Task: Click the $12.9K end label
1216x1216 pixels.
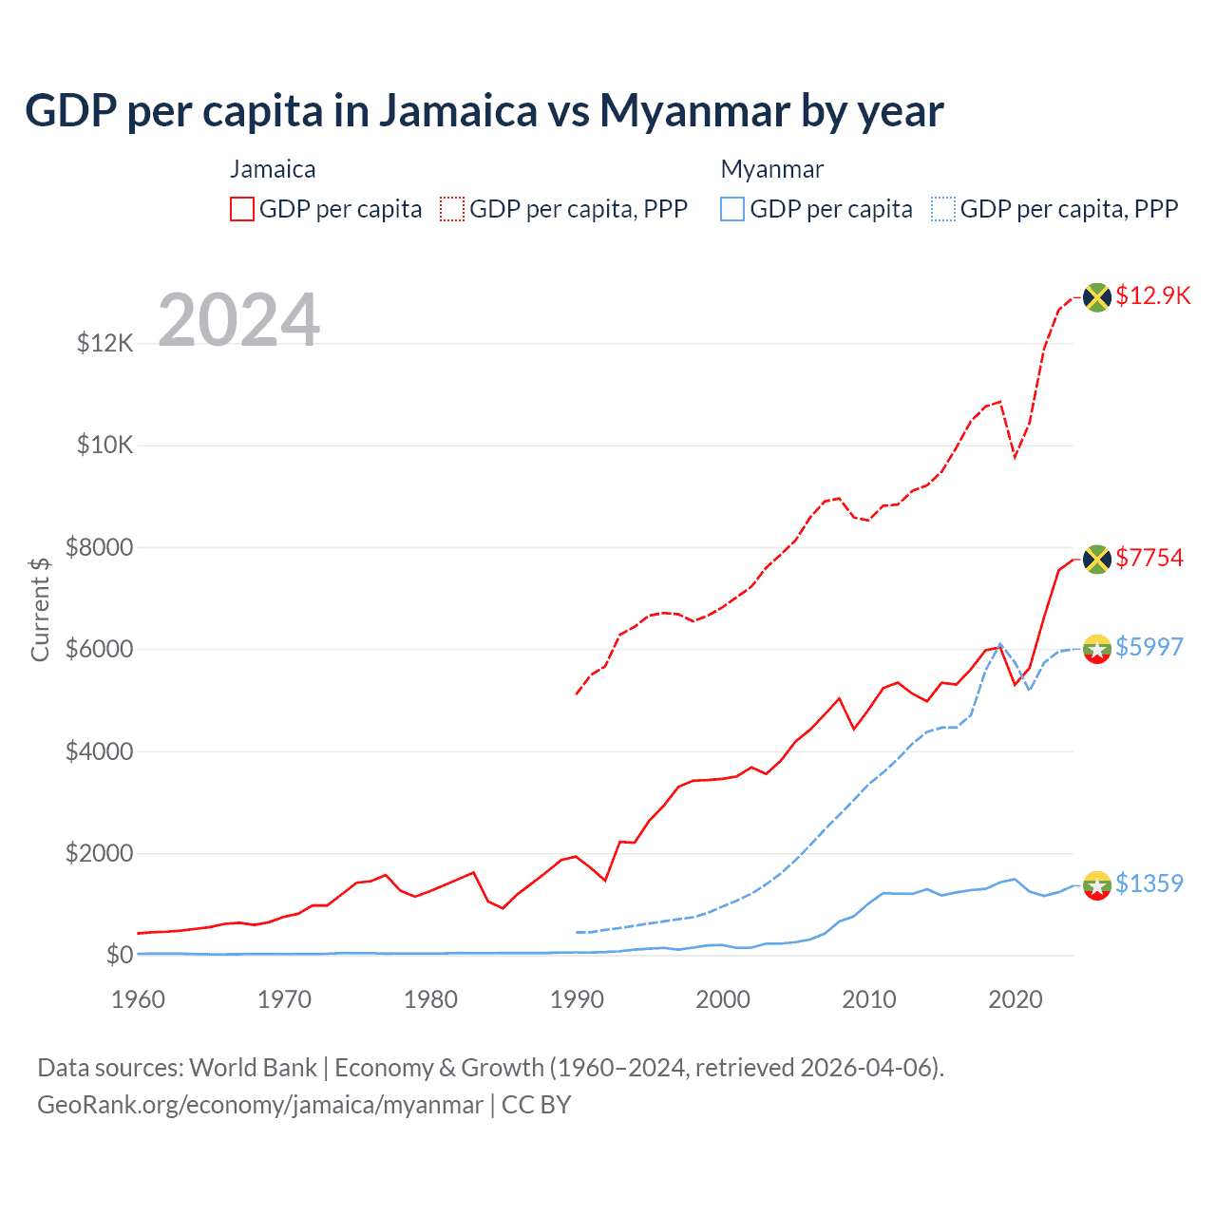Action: [x=1152, y=295]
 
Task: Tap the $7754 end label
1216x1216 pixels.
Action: [x=1149, y=558]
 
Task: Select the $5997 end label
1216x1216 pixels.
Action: [x=1149, y=647]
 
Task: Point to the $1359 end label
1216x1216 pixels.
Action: [x=1149, y=883]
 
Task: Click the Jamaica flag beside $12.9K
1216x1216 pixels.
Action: [x=1097, y=296]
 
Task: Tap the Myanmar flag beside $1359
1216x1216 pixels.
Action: [x=1097, y=885]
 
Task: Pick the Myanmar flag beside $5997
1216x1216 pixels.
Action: [x=1097, y=649]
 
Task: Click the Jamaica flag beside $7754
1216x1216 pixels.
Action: [x=1097, y=559]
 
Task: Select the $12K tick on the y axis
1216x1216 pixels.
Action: [x=105, y=343]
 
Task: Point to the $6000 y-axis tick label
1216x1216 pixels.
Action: [x=99, y=650]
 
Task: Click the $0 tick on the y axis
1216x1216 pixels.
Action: [x=119, y=955]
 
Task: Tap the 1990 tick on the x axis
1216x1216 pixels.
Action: [x=577, y=999]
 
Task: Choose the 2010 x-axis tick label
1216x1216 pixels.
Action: [x=869, y=999]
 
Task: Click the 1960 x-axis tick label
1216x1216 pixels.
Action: [x=139, y=999]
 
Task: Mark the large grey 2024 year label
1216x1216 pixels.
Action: [x=238, y=319]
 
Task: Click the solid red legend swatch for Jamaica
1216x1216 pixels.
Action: [x=242, y=209]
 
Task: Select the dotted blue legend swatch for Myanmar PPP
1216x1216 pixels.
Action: [x=943, y=209]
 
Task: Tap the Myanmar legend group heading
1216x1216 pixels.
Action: [x=771, y=169]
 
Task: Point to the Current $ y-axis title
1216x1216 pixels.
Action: [x=40, y=609]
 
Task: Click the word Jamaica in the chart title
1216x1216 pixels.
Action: [x=459, y=111]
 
